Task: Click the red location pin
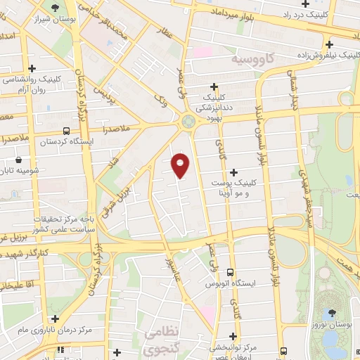181,165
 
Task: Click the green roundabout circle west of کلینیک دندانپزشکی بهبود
188,121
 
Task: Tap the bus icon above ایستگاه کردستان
66,131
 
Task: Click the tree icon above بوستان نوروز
330,311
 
